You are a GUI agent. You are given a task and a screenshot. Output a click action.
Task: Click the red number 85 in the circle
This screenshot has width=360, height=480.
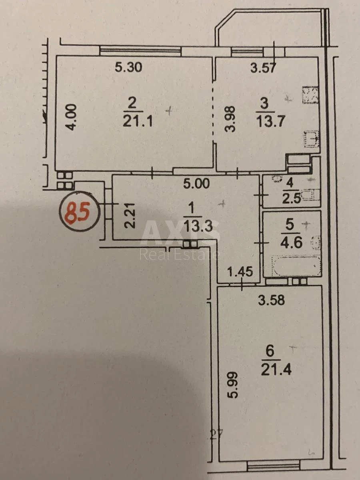[78, 211]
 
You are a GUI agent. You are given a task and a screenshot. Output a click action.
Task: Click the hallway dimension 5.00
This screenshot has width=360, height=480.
[196, 184]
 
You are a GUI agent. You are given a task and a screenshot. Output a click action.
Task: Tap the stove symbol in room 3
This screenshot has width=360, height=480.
[310, 95]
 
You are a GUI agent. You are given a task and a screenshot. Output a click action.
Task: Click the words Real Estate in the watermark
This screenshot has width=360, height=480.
[179, 254]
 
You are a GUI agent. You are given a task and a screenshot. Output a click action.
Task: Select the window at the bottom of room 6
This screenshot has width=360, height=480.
[273, 466]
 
